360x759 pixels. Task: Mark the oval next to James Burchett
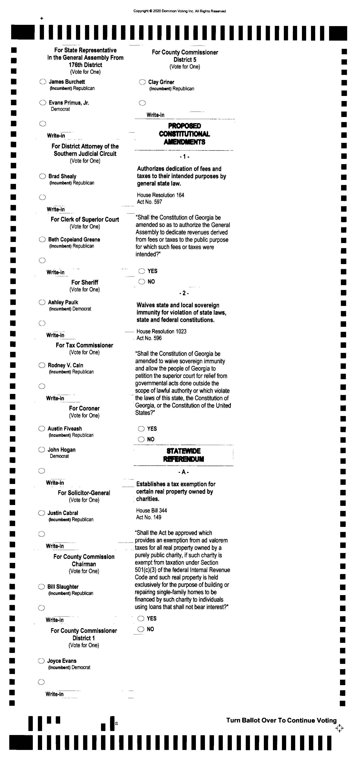(x=43, y=82)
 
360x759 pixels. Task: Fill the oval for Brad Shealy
(x=43, y=176)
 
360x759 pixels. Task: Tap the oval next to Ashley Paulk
(x=42, y=302)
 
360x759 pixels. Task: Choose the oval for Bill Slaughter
(x=41, y=587)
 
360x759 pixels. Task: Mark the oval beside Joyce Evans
(x=41, y=661)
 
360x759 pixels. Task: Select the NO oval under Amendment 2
(x=141, y=439)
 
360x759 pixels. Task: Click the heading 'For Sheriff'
(x=85, y=282)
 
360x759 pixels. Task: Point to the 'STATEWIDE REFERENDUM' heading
(x=183, y=455)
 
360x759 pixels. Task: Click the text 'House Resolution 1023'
(x=161, y=331)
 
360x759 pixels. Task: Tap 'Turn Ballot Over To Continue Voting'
(x=281, y=720)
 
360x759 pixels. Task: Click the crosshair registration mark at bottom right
(x=339, y=728)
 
